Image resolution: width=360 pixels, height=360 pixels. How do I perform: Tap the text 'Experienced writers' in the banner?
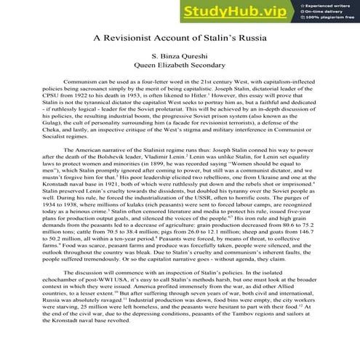coord(336,5)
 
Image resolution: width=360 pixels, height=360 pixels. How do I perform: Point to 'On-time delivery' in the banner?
coord(334,12)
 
